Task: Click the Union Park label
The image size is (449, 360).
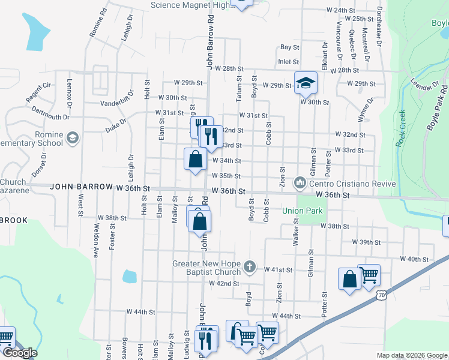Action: pos(303,211)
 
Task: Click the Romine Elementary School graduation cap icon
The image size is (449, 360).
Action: pos(73,137)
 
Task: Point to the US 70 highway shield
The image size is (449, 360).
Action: pos(382,295)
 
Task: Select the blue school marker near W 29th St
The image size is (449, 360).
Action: pos(305,82)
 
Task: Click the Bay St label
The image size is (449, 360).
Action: pos(290,47)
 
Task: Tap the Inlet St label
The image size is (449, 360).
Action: pos(288,61)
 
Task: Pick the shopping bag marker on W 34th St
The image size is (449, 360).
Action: pos(195,159)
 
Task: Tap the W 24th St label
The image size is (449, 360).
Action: pos(341,10)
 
